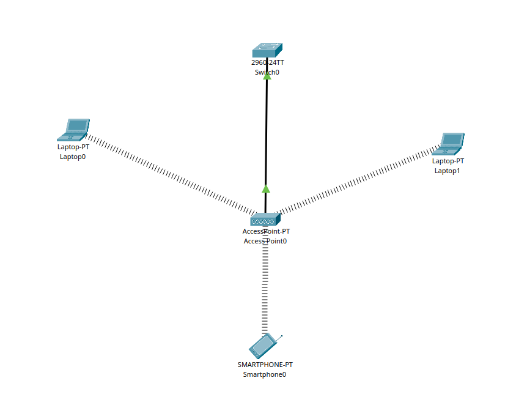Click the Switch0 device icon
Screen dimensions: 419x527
[x=267, y=50]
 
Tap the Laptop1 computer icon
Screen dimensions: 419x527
[x=449, y=143]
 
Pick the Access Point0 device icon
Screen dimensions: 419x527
[x=265, y=219]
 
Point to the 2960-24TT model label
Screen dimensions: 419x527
[x=267, y=62]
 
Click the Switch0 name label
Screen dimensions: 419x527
[x=267, y=72]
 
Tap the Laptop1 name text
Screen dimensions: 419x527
[x=448, y=171]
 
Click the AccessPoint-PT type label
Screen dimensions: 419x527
[x=266, y=231]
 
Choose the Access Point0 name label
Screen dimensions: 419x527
[x=265, y=241]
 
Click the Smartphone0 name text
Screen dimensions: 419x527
[x=265, y=374]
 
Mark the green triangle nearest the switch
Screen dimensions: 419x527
[x=267, y=76]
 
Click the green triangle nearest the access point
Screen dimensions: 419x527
[x=266, y=189]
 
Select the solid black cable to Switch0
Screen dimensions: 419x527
[x=267, y=132]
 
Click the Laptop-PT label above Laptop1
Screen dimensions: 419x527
[x=448, y=161]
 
